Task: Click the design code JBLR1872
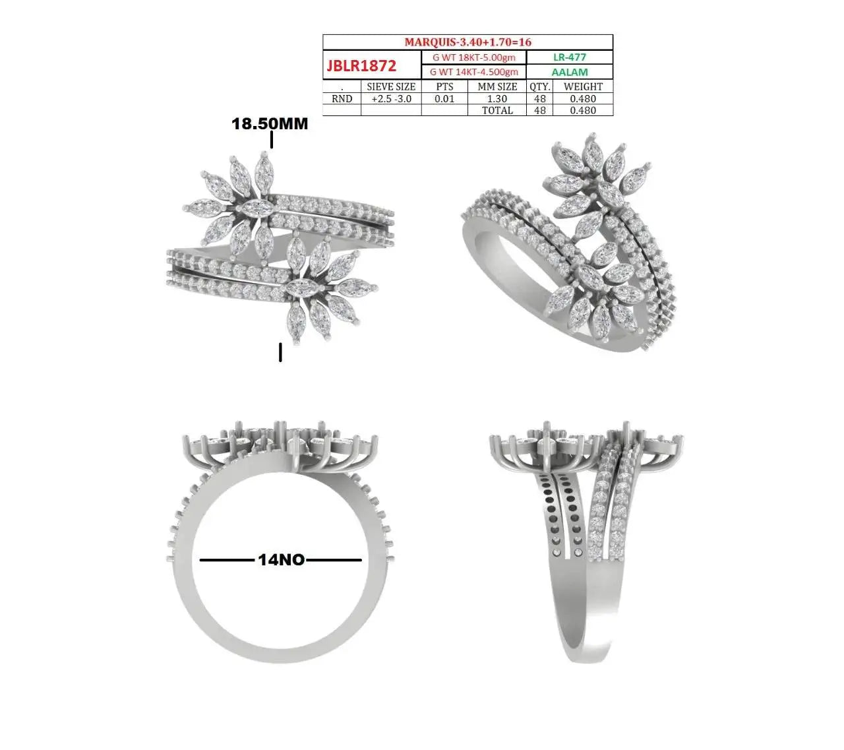coord(361,65)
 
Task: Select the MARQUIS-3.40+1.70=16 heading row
coord(467,42)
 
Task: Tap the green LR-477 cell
coord(570,57)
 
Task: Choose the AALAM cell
coord(570,72)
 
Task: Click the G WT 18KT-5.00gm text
coord(473,57)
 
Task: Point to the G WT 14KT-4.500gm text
coord(473,72)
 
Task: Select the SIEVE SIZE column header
coord(391,86)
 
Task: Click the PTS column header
coord(444,86)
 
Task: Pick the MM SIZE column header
coord(497,86)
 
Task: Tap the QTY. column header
coord(540,86)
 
